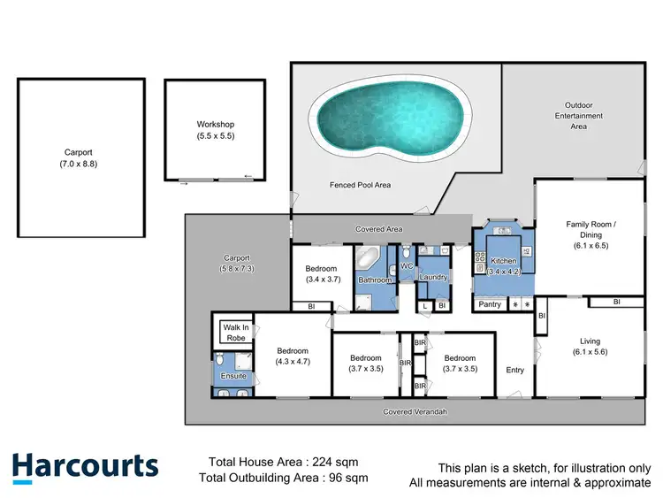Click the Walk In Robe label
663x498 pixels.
236,333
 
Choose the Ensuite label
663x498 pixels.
233,377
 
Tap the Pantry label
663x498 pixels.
490,304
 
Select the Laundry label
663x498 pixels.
434,278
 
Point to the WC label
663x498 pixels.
407,266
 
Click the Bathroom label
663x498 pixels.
375,280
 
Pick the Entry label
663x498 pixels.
515,371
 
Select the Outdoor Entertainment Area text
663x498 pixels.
572,116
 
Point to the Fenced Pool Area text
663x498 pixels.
360,185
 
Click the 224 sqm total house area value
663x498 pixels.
340,462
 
